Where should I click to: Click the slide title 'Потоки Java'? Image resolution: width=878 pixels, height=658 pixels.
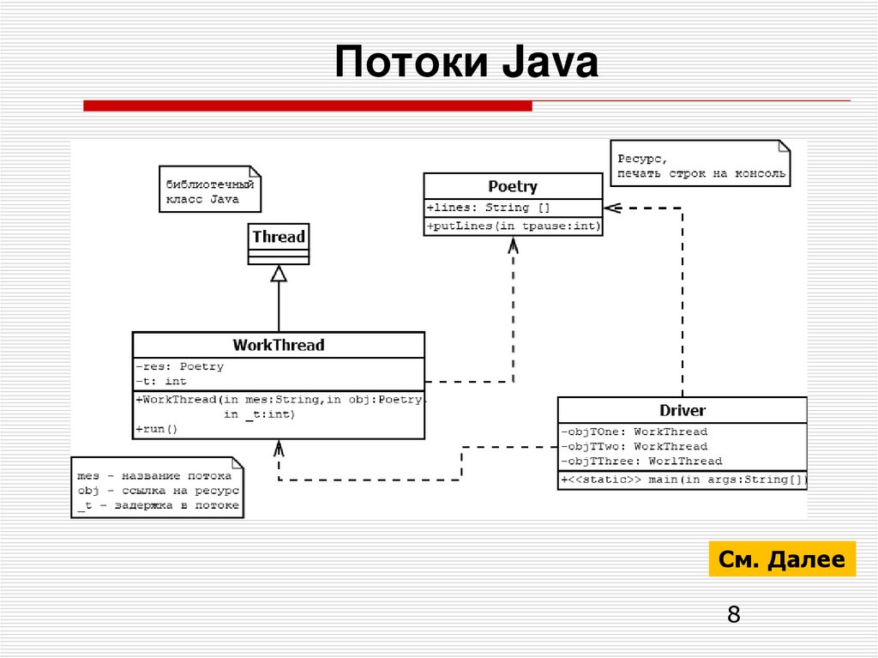pyautogui.click(x=466, y=65)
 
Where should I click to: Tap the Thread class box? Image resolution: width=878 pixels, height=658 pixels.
pyautogui.click(x=279, y=243)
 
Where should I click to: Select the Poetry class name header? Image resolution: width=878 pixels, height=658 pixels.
pyautogui.click(x=513, y=186)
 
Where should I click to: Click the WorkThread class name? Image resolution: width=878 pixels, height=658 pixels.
pyautogui.click(x=279, y=345)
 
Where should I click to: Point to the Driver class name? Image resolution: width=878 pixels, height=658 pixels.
pyautogui.click(x=683, y=410)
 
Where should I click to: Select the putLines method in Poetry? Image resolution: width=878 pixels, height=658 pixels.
pyautogui.click(x=513, y=226)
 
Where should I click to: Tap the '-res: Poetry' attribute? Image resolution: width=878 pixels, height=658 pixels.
pyautogui.click(x=179, y=366)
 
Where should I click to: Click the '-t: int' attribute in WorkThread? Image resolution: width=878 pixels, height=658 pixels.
pyautogui.click(x=160, y=381)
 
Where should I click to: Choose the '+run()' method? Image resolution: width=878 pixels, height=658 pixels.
pyautogui.click(x=156, y=428)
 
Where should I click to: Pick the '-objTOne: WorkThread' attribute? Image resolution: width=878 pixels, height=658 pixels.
pyautogui.click(x=634, y=432)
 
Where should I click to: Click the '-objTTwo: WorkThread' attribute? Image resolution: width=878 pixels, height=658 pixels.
pyautogui.click(x=634, y=446)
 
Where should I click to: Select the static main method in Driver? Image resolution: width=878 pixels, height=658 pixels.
pyautogui.click(x=683, y=480)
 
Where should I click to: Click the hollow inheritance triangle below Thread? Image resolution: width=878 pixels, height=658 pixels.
pyautogui.click(x=279, y=274)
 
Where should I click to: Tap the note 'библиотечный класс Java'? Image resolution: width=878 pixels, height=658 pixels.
pyautogui.click(x=208, y=191)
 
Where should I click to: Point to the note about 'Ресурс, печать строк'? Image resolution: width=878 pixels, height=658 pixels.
pyautogui.click(x=699, y=166)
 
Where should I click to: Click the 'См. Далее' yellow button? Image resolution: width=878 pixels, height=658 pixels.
pyautogui.click(x=782, y=559)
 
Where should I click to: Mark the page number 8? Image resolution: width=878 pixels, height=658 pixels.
pyautogui.click(x=733, y=614)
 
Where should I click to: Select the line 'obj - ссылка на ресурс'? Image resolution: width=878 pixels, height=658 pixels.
pyautogui.click(x=158, y=491)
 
